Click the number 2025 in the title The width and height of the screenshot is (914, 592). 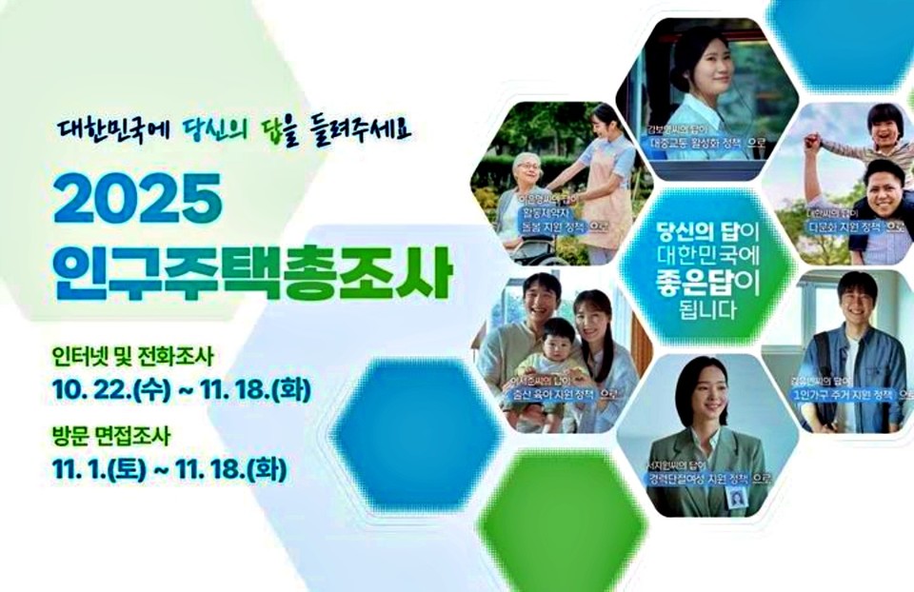(x=137, y=199)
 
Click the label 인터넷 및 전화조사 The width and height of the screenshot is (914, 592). (x=134, y=357)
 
